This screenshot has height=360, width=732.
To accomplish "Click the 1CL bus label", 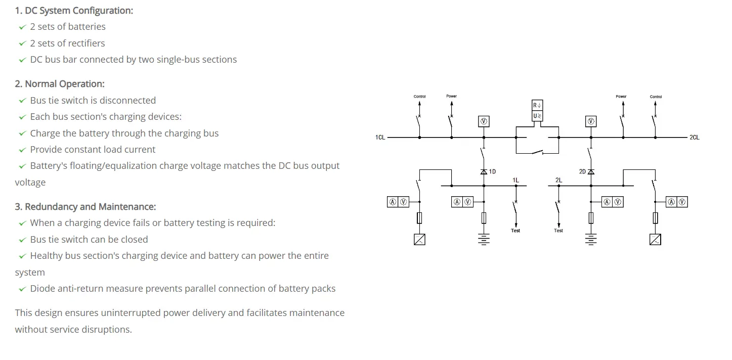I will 380,138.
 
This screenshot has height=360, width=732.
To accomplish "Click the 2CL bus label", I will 694,138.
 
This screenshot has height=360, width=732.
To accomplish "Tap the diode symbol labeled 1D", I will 484,172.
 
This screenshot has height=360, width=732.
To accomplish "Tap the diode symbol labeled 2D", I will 590,172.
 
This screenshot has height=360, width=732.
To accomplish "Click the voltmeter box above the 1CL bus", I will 484,121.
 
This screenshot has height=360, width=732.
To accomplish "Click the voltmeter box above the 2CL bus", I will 590,121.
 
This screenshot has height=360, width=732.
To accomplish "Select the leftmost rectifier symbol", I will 419,240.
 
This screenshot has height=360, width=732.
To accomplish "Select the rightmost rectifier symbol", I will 655,240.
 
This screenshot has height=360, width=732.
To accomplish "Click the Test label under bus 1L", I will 515,231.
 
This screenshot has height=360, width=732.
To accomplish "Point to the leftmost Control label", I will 419,97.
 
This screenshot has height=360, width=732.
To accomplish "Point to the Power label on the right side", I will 621,97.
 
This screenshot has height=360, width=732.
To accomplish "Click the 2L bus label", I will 558,180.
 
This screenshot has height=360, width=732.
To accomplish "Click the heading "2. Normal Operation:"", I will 60,84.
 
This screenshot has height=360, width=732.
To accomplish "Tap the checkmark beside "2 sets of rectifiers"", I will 22,43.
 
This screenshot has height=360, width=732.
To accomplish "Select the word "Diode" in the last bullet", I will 42,289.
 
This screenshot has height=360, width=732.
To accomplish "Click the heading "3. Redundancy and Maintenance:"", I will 85,207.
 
